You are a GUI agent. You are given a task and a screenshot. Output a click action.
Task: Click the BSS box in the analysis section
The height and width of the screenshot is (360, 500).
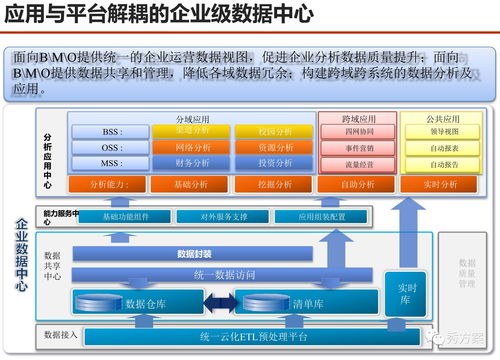tap(112, 132)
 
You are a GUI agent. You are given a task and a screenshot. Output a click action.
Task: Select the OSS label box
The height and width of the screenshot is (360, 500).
tap(112, 148)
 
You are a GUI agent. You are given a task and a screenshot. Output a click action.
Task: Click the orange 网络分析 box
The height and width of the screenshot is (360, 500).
tap(192, 147)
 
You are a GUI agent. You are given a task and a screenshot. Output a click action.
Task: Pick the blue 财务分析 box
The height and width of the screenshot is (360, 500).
tap(192, 163)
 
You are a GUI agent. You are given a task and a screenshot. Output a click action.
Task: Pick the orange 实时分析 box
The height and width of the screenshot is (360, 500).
tap(440, 185)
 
